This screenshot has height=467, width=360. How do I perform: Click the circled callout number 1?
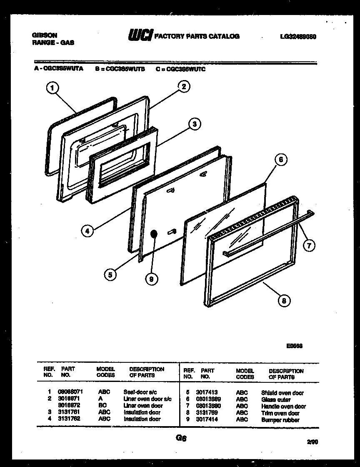click(52, 88)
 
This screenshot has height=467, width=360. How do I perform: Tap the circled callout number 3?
click(193, 123)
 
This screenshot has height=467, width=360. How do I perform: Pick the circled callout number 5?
click(110, 274)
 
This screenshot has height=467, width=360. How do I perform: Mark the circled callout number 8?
click(284, 300)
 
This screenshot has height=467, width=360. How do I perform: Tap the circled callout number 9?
click(151, 279)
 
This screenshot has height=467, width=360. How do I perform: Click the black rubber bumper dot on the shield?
click(154, 234)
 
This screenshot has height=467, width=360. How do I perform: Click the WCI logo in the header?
click(141, 36)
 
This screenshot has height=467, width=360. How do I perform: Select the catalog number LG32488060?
click(298, 37)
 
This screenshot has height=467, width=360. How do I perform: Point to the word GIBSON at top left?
click(45, 35)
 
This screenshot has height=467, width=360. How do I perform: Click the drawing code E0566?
click(294, 345)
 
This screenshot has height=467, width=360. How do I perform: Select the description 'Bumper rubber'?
click(280, 420)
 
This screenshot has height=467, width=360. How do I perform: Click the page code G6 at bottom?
click(181, 438)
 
